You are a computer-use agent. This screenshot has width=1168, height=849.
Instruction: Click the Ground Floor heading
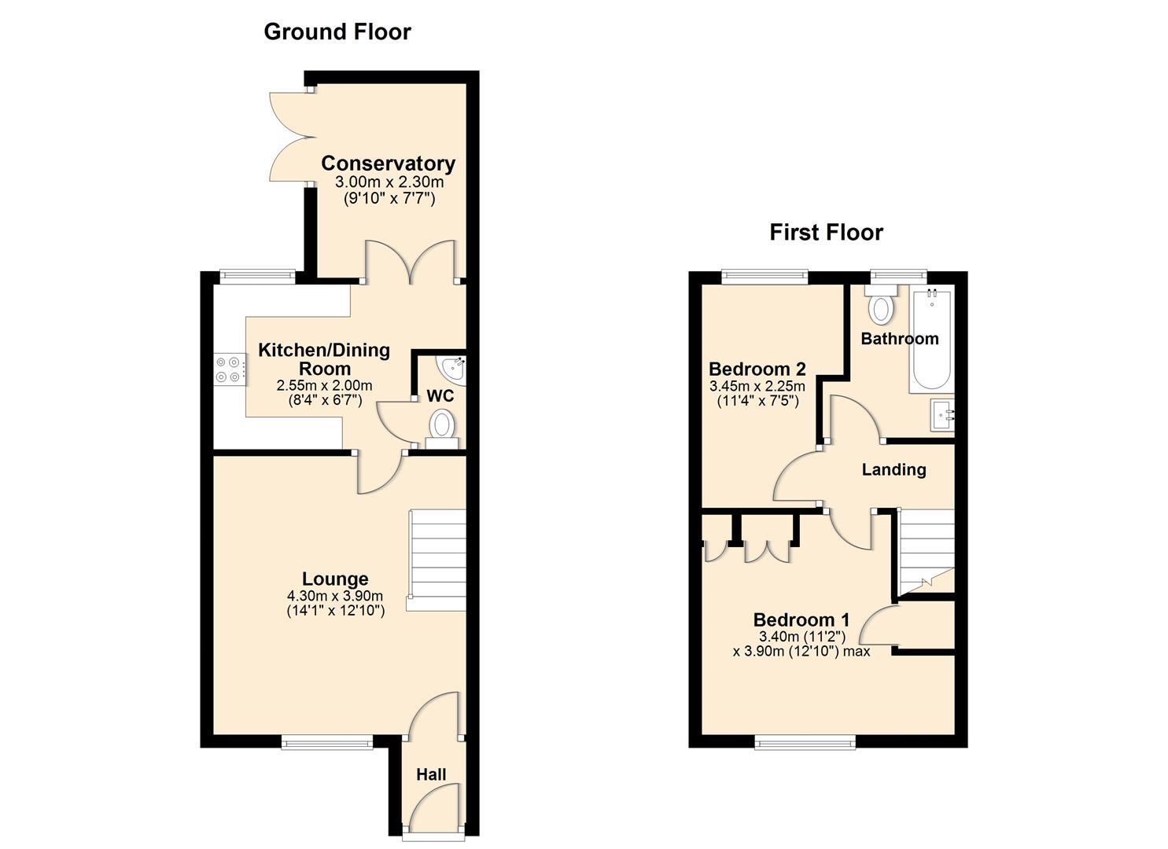point(337,32)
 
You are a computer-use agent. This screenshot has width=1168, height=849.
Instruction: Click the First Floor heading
point(826,233)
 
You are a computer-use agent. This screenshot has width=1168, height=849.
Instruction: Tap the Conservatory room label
point(388,164)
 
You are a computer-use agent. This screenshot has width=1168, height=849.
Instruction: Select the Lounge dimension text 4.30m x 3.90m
point(335,595)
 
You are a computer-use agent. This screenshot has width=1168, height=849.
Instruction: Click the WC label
point(440,395)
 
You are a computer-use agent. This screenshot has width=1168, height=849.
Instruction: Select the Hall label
point(431,774)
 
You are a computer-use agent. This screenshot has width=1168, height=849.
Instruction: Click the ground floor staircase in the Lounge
point(437,557)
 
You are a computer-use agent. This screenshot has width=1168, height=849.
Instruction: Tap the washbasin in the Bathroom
point(942,414)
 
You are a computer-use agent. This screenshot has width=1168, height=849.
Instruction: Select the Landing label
point(894,470)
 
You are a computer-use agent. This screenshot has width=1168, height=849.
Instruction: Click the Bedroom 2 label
point(757,369)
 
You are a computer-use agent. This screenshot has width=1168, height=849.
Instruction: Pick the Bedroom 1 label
point(801,620)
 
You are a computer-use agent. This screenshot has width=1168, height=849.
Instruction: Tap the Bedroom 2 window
point(765,275)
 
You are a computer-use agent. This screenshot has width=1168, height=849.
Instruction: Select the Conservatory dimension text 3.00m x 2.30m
point(389,182)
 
